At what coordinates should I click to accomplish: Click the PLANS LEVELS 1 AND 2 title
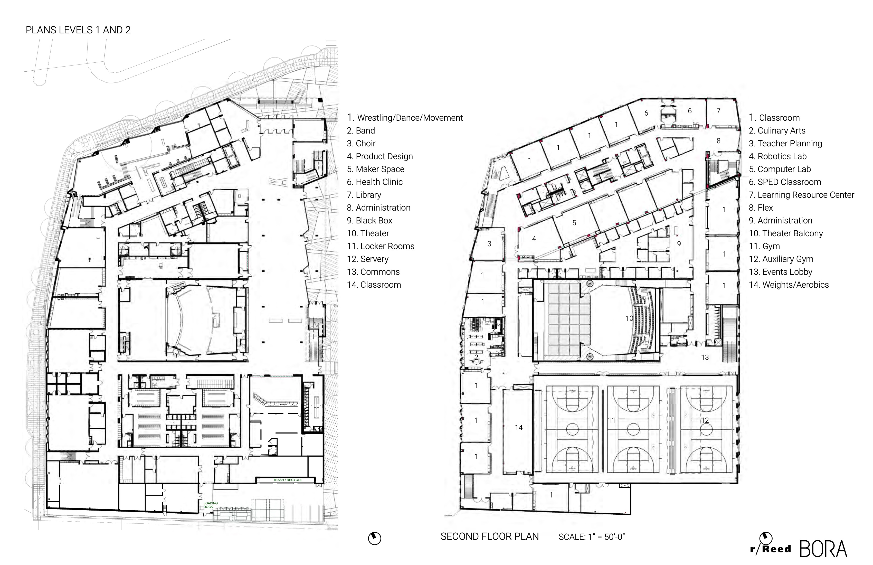78,30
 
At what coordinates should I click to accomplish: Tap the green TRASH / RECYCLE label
287,480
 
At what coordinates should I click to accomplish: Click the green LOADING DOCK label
211,505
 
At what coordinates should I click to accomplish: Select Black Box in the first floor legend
370,221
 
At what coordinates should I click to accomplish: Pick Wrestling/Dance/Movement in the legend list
405,118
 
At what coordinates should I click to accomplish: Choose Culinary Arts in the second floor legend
777,131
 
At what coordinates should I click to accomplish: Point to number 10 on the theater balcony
629,318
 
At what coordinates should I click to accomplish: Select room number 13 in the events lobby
705,357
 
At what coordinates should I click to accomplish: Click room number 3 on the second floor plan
489,244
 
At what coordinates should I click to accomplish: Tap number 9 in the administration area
679,244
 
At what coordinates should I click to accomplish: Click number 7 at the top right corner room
718,110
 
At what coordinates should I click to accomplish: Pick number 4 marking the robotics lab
534,239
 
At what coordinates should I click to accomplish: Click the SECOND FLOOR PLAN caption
489,536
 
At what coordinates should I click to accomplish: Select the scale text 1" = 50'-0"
591,537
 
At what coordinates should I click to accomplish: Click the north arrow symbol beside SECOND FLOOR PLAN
375,538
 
